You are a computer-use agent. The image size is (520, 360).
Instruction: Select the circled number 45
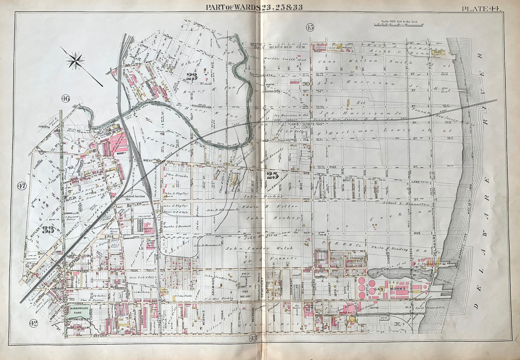[310, 28]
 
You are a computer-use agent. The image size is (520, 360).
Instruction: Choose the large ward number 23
[192, 77]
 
